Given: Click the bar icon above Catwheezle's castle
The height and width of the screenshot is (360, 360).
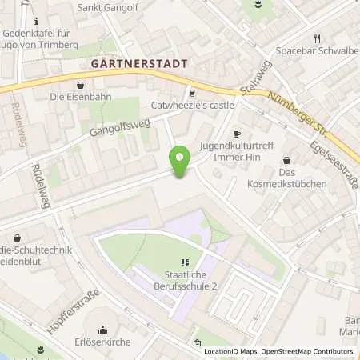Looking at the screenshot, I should click(x=190, y=91).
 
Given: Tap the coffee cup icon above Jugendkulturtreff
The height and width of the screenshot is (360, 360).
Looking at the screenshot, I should click(x=237, y=134).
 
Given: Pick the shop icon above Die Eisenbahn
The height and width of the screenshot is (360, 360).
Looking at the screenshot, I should click(x=79, y=84).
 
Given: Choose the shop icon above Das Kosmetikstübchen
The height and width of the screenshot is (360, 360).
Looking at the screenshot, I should click(x=286, y=160).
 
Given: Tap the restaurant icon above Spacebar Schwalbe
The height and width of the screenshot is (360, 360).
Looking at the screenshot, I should click(x=318, y=38).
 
